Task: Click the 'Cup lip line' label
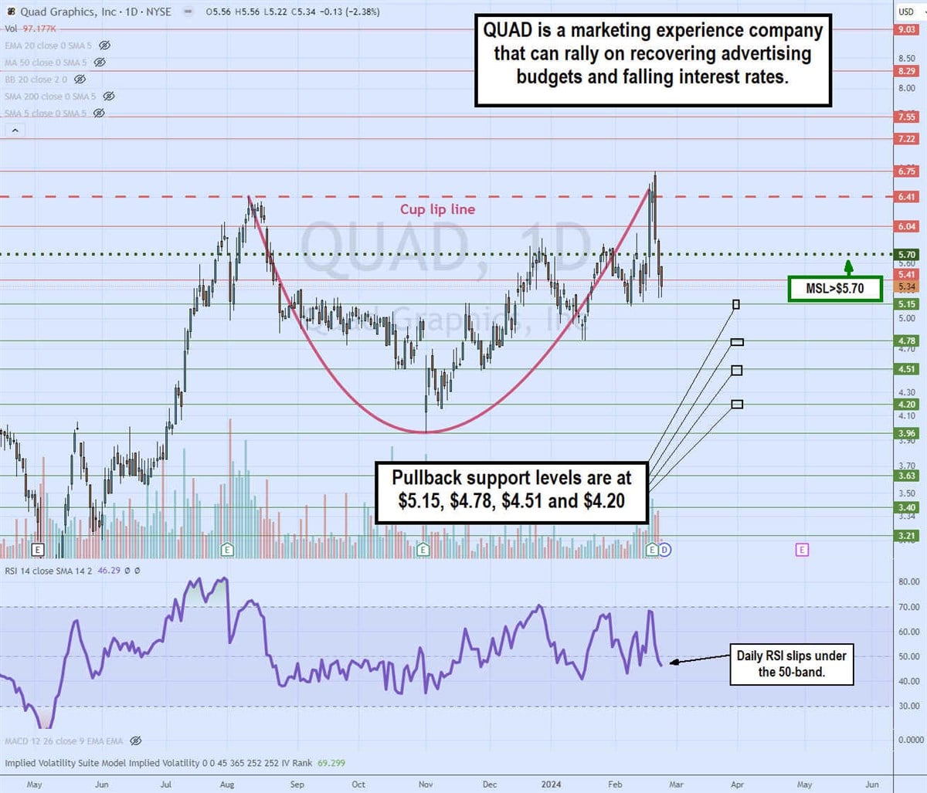437,209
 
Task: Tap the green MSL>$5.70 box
834,288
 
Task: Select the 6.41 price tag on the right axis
906,197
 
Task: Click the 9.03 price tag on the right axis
906,29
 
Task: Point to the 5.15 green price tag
906,304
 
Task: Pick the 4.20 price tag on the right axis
906,404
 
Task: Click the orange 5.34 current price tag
906,287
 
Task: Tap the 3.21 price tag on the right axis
906,535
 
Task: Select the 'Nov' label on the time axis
426,784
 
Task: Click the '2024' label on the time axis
551,784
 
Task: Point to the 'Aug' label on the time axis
227,784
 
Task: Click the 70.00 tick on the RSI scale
908,607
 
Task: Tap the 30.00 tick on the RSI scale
908,706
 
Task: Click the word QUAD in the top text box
508,31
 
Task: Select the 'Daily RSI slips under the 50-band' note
791,664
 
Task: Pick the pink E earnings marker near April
802,550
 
